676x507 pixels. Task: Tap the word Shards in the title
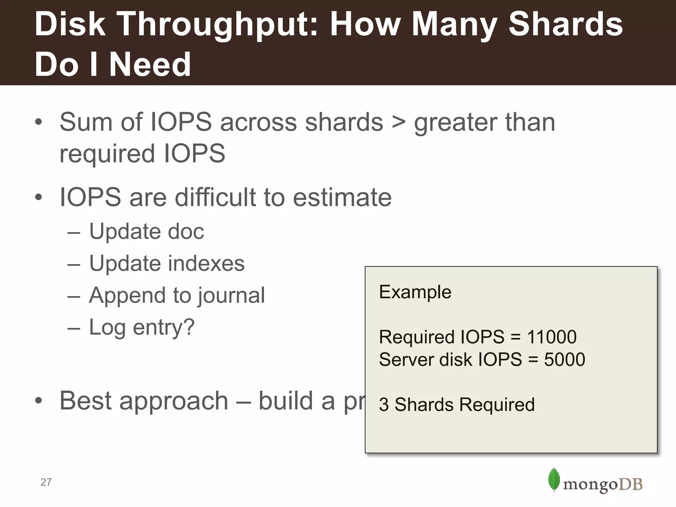[565, 24]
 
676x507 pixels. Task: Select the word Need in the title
[150, 64]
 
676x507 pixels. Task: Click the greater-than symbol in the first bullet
[398, 122]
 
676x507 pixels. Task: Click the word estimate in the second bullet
[342, 197]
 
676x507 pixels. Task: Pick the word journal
[231, 295]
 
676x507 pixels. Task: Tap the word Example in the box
[415, 292]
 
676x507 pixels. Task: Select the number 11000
[552, 337]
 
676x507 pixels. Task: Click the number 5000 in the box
[564, 359]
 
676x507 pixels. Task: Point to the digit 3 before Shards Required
[384, 405]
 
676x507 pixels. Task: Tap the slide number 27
[46, 482]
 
